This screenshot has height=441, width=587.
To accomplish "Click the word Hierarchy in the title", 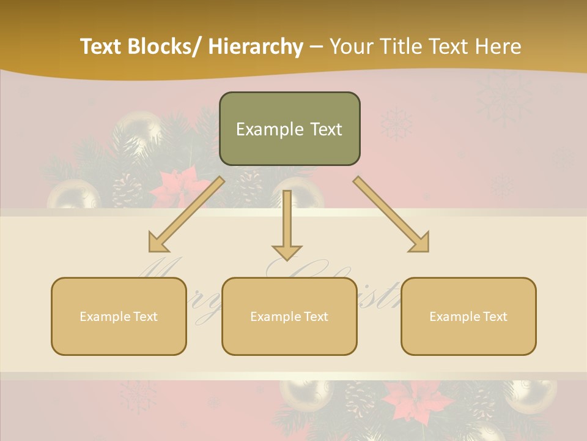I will coord(256,47).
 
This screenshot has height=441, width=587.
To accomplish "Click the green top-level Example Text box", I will coord(289,129).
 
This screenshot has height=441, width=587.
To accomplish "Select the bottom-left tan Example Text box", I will coord(119,316).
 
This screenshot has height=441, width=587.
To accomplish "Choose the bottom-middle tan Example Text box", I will coord(289,316).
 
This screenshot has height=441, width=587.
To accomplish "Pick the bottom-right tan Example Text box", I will coord(468,316).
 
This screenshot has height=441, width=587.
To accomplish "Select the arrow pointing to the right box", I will coord(391,214).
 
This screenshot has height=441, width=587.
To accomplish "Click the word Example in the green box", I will coord(261,129).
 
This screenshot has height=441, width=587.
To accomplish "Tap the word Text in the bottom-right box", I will coord(495,317).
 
